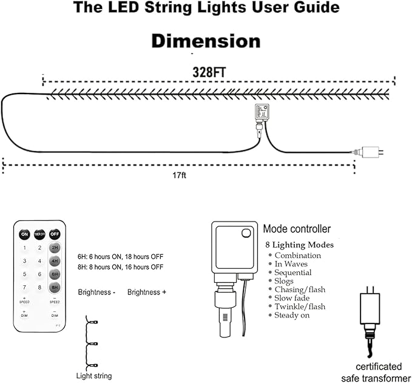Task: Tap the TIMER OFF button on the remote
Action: click(39, 234)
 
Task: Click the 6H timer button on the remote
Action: click(55, 274)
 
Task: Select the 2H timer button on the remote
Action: click(55, 248)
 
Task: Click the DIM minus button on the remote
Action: click(55, 314)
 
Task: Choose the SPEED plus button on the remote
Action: click(24, 299)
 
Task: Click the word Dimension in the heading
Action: click(206, 41)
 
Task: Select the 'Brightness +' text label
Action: click(147, 292)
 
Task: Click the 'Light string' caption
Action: click(93, 376)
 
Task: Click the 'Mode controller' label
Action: click(297, 229)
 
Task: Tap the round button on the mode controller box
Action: click(245, 232)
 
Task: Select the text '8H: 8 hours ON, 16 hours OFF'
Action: click(120, 266)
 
